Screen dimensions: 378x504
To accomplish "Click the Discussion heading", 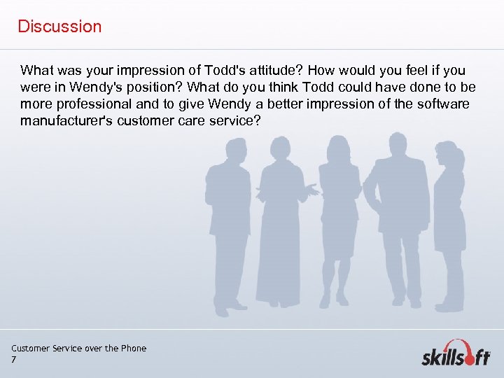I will (59, 27).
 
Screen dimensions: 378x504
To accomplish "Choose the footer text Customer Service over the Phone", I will (79, 348).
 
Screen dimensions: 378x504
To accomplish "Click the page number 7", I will (14, 360).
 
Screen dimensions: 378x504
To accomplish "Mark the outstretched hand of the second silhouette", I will (312, 189).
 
